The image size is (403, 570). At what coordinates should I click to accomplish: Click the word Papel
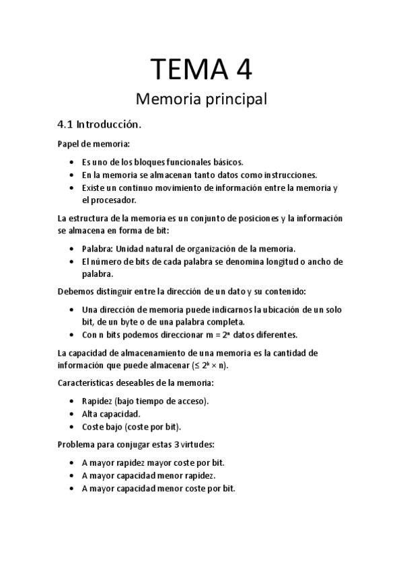click(x=69, y=143)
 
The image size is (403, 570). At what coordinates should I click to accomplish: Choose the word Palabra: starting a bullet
click(x=98, y=249)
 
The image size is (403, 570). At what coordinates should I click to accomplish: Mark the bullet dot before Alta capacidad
click(x=73, y=414)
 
